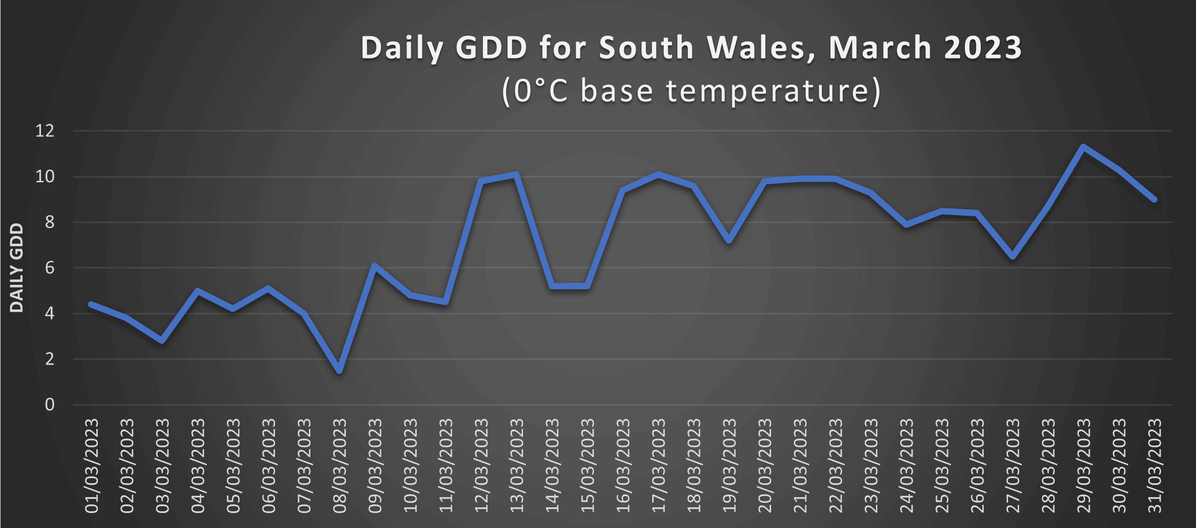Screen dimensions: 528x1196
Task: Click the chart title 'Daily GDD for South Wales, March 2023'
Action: click(691, 48)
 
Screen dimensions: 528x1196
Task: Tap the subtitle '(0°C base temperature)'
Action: click(691, 90)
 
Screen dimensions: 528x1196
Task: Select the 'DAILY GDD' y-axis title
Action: click(16, 267)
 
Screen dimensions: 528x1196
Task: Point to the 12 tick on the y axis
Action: click(45, 131)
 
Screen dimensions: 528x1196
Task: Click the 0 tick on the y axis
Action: click(49, 405)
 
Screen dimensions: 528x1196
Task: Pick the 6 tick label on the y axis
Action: click(49, 268)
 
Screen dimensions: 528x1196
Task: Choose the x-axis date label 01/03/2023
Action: click(91, 466)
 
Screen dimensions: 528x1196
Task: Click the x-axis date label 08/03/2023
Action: click(339, 466)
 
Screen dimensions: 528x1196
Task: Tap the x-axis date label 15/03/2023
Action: click(587, 466)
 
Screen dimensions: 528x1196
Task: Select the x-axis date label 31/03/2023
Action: click(1154, 466)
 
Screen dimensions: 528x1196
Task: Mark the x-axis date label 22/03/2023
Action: click(835, 466)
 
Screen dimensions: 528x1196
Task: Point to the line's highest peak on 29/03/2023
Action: click(1083, 147)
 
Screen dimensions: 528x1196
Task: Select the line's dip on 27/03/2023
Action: click(1013, 256)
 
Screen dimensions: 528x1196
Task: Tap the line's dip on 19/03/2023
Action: click(729, 240)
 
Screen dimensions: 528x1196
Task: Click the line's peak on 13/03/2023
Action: click(516, 175)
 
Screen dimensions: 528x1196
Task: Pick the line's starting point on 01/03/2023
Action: click(91, 304)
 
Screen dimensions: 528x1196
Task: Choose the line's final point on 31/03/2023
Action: click(1154, 199)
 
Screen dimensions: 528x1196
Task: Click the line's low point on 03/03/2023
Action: click(162, 340)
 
